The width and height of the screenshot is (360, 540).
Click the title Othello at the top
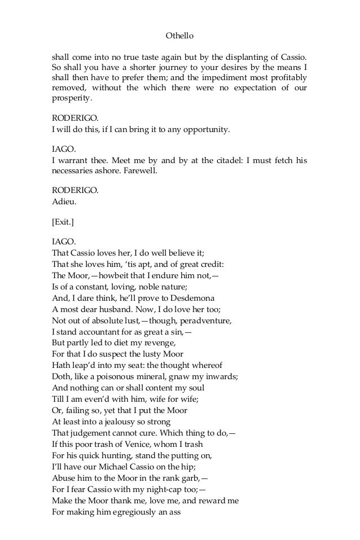click(179, 36)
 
